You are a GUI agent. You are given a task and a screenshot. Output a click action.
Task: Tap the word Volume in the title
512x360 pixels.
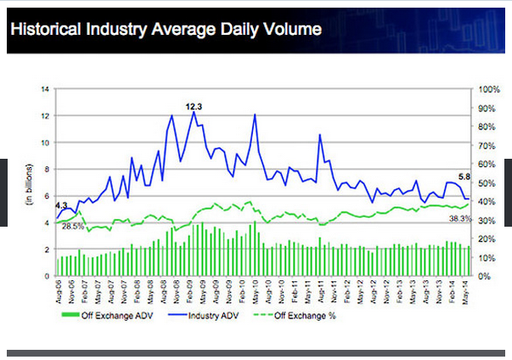[291, 29]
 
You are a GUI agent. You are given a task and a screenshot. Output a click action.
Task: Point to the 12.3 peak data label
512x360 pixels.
[194, 106]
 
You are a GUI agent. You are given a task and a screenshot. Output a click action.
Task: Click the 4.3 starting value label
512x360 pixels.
[61, 205]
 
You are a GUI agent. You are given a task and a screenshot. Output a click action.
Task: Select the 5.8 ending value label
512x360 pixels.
[464, 176]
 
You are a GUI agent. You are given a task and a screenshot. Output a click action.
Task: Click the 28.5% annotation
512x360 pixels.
[73, 226]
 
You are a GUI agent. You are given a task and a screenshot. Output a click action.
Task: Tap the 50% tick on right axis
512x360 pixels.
[487, 183]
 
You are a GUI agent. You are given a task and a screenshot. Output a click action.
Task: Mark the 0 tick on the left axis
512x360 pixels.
[47, 277]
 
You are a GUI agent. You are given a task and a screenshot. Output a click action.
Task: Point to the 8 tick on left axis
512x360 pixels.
[47, 169]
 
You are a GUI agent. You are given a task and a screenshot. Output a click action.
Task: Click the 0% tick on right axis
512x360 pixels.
[485, 277]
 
